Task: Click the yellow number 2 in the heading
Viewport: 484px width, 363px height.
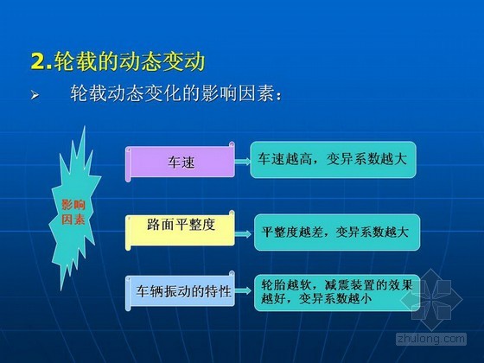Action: click(x=39, y=61)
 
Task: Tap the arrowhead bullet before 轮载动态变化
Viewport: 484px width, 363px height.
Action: click(x=35, y=95)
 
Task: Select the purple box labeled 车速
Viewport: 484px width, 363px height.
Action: click(x=180, y=162)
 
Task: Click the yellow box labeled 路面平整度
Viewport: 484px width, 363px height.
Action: click(x=180, y=230)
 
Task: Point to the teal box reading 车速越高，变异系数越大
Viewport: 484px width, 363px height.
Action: click(x=333, y=160)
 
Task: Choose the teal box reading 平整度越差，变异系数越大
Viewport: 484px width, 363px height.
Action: click(x=337, y=232)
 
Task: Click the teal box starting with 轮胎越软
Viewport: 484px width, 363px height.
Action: click(x=337, y=292)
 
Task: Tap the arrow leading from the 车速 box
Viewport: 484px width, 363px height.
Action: click(x=243, y=161)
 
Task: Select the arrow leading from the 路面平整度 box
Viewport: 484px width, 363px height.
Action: click(x=243, y=233)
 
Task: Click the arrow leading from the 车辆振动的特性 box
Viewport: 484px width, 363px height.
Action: click(x=243, y=290)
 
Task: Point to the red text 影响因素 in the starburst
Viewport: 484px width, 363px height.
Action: click(x=73, y=212)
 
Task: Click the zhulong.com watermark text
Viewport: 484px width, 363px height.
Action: click(x=431, y=339)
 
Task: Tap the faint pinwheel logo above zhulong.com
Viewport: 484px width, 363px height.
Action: click(x=431, y=299)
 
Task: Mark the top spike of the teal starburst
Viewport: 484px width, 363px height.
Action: click(x=85, y=126)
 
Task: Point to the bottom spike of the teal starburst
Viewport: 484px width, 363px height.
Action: click(x=61, y=290)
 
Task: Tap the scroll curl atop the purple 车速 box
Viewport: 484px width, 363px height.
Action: click(x=232, y=144)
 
